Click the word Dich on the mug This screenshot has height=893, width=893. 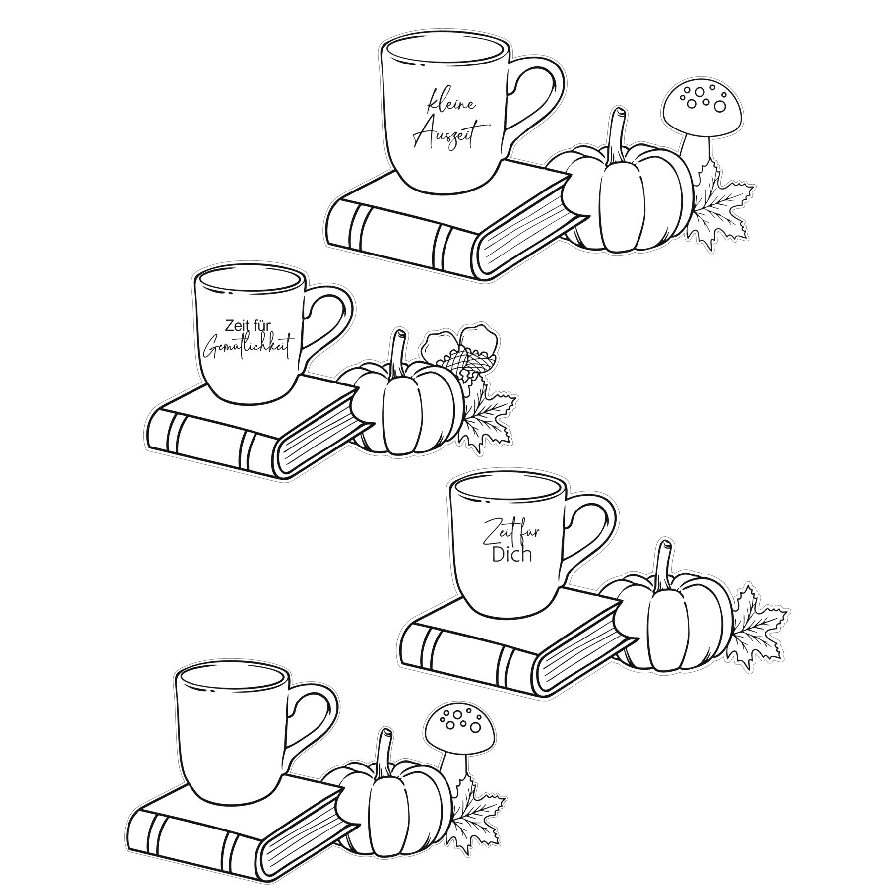[x=511, y=554]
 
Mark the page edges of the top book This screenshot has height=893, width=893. [x=526, y=233]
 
